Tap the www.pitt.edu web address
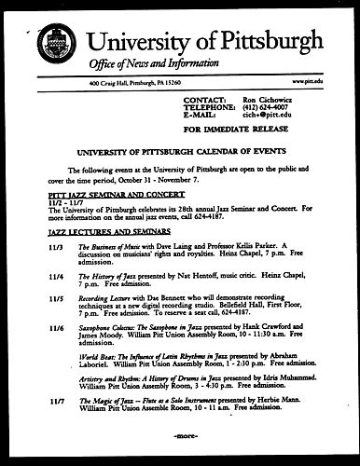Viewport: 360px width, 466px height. coord(321,85)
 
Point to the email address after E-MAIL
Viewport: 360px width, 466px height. coord(266,114)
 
